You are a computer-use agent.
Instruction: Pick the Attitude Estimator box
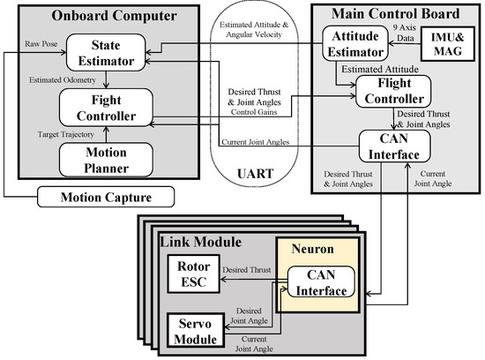click(356, 48)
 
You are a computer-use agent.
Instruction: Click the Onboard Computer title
click(101, 16)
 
